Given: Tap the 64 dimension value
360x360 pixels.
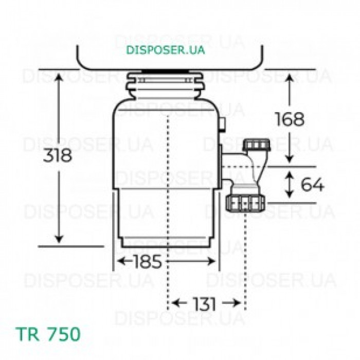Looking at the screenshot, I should [312, 185].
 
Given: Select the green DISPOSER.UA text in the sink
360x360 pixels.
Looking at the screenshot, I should [165, 50].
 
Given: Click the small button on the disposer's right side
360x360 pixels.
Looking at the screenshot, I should [222, 123].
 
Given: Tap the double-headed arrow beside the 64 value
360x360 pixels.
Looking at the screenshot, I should [290, 185].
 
